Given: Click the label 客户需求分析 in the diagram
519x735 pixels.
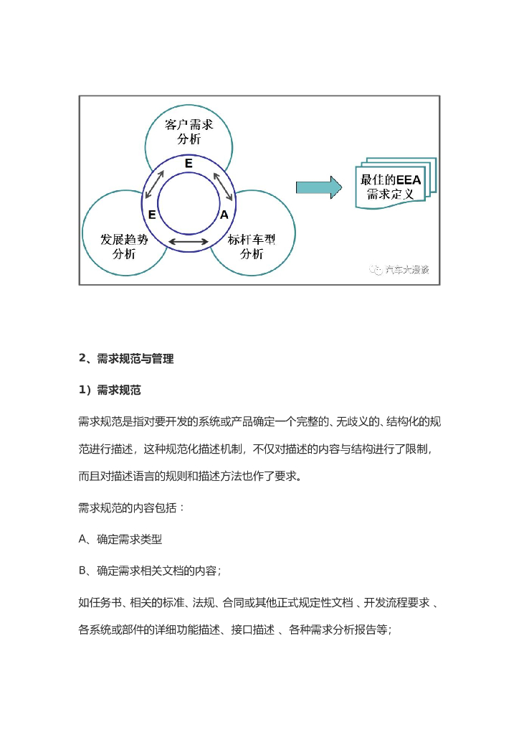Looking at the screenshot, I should (x=189, y=132).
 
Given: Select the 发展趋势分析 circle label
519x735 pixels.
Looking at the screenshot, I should (x=125, y=247).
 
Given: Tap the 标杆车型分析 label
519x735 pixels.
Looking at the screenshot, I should (x=252, y=247).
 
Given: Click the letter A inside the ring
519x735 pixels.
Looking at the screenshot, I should (x=224, y=215).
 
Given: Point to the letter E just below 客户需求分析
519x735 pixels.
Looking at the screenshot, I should (x=189, y=164).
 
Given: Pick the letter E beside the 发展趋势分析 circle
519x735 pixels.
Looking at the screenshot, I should (x=152, y=215).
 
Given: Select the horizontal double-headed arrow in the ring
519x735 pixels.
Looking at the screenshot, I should (x=188, y=242).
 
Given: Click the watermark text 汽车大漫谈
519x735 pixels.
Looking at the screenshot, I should (x=406, y=270).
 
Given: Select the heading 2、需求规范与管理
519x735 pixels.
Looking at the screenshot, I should (x=126, y=358).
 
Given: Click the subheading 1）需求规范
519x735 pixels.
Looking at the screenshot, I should (x=110, y=390).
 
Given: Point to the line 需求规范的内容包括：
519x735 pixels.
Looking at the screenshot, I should (x=132, y=507).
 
